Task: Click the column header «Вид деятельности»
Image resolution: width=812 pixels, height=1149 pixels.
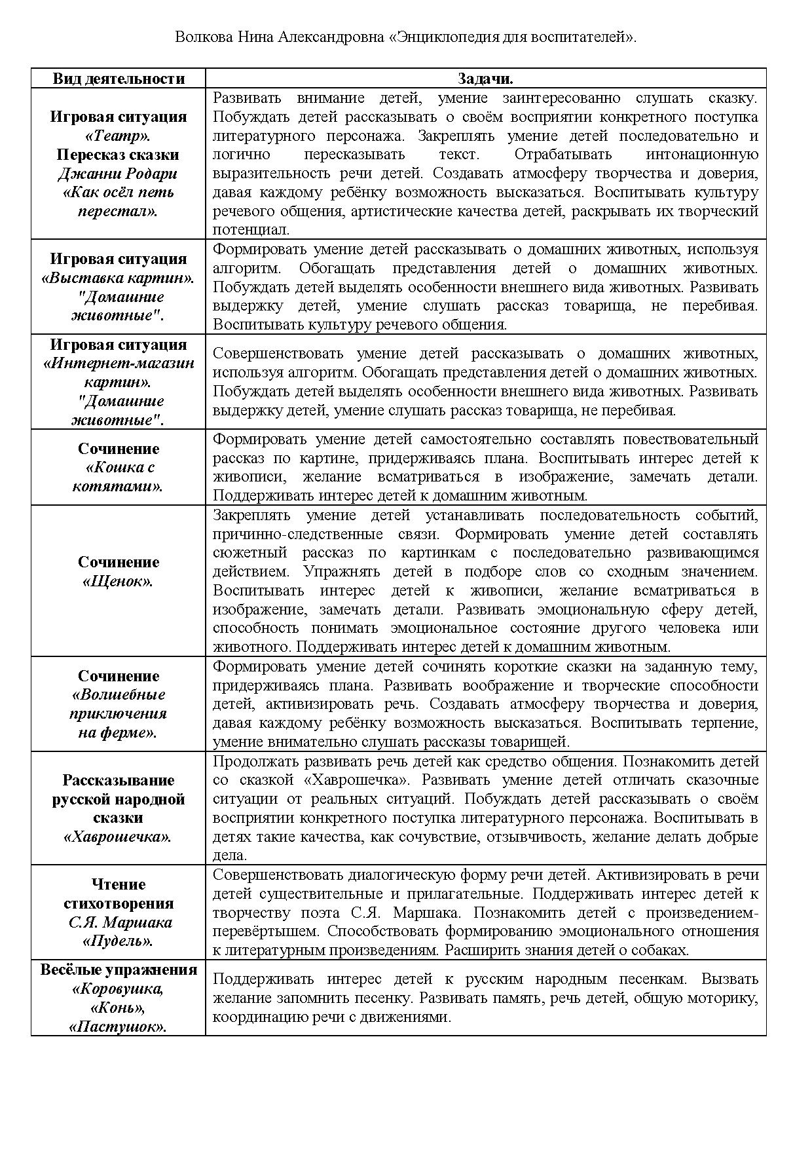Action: pos(119,79)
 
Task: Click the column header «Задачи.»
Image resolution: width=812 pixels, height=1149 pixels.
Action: pos(485,79)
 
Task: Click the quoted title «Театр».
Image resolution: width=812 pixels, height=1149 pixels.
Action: pos(118,136)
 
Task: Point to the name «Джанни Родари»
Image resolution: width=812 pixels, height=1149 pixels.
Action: pos(118,174)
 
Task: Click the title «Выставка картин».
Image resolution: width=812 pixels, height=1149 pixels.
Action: pos(118,278)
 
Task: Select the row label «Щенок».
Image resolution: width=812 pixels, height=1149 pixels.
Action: pos(118,582)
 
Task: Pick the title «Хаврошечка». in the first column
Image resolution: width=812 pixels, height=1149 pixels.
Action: pos(118,837)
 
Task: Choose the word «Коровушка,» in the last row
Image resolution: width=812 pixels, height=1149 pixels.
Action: pos(118,989)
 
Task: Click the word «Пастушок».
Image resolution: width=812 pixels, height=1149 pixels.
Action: pos(118,1027)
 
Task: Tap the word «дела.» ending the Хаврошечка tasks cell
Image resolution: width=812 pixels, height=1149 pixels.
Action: pos(230,856)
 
